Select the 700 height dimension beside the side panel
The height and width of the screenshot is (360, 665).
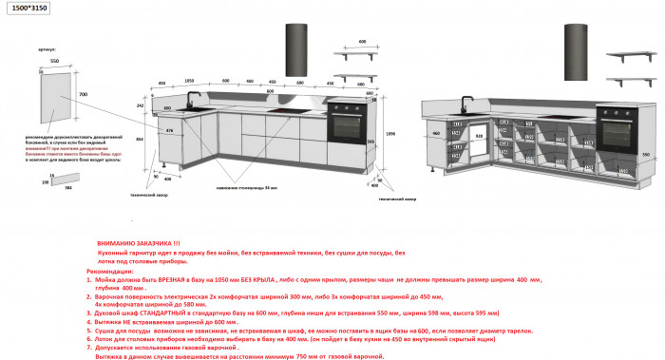(x=83, y=95)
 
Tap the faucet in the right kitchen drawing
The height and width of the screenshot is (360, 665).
(x=466, y=102)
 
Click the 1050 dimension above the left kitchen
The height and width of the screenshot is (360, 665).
(x=189, y=82)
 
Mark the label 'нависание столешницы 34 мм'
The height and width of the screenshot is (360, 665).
(x=246, y=188)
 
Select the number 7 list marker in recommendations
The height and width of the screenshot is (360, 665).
(x=88, y=348)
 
